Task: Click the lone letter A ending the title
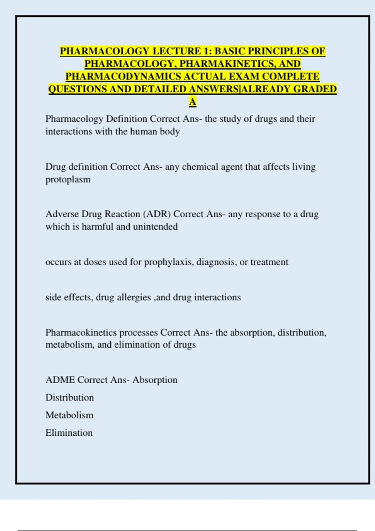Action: click(x=192, y=102)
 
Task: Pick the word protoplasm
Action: click(x=68, y=180)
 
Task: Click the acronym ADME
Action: click(x=60, y=380)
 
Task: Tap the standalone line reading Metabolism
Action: click(x=69, y=415)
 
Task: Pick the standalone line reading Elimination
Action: click(x=69, y=433)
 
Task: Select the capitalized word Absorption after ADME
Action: click(x=155, y=380)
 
